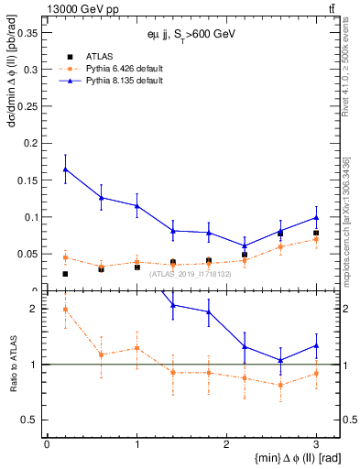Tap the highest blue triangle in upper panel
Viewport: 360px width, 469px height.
tap(65, 169)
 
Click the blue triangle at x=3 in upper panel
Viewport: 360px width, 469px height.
tap(316, 217)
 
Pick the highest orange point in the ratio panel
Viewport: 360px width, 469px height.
tap(65, 309)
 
